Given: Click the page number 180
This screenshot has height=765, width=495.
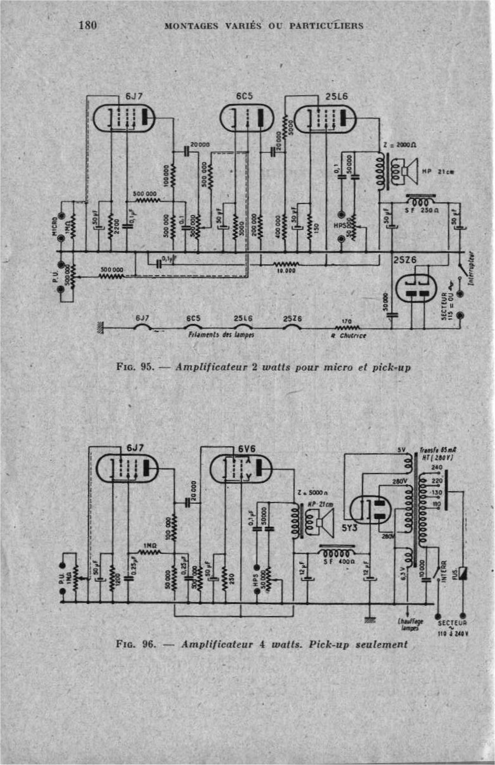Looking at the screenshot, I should coord(86,25).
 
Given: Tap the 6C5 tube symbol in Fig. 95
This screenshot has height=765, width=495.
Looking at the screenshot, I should coord(245,118).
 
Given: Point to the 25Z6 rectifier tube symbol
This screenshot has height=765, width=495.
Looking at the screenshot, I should coord(417,288).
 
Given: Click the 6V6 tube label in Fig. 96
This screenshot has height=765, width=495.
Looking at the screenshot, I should coord(247,448).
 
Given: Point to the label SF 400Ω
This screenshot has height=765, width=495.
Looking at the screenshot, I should coord(337,562).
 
